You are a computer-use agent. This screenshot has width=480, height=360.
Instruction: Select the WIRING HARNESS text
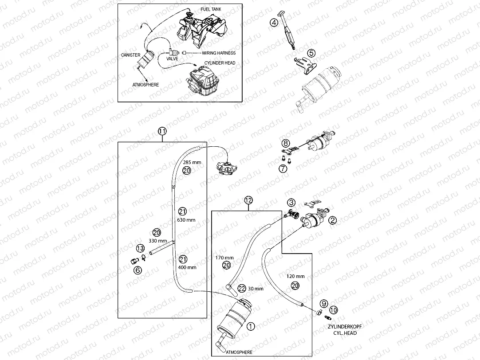click(x=216, y=53)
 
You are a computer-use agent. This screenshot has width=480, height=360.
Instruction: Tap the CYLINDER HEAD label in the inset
click(x=220, y=63)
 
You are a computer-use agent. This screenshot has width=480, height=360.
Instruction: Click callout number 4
click(x=275, y=23)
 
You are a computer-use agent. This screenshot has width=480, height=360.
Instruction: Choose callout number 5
click(x=311, y=53)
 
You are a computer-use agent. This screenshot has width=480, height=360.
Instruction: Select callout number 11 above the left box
click(x=162, y=131)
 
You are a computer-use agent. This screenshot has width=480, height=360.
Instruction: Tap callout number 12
click(x=248, y=200)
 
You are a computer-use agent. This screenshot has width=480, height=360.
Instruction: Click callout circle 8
click(x=286, y=143)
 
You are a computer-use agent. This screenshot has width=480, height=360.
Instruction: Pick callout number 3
click(x=291, y=202)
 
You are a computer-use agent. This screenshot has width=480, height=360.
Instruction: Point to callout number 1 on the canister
click(x=250, y=327)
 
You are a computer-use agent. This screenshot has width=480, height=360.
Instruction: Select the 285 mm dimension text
click(x=192, y=162)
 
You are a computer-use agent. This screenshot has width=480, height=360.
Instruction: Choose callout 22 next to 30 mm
click(x=241, y=288)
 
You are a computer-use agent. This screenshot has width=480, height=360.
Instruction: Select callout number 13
click(x=140, y=248)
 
